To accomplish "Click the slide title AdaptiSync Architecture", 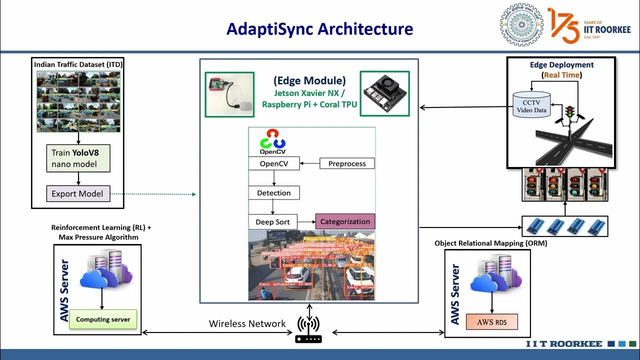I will pos(319,28).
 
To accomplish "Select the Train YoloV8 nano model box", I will pos(77,158).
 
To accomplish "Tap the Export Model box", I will pos(77,193).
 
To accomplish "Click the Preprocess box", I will pos(347,163).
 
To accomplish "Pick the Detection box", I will pos(273,192).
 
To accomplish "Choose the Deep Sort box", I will pos(272,222).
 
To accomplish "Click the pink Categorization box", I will pos(344,221).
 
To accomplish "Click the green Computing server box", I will pos(103,319).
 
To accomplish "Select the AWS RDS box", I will pos(492,322).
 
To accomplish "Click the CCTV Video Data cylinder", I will pos(531,105).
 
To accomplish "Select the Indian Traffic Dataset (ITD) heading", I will pos(78,64).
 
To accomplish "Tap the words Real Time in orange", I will pos(561,75).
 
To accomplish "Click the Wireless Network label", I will pos(247,323).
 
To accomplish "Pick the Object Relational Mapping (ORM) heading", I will pos(490,243).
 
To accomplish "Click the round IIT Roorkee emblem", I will pos(521,25).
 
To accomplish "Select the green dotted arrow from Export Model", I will pos(152,194).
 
